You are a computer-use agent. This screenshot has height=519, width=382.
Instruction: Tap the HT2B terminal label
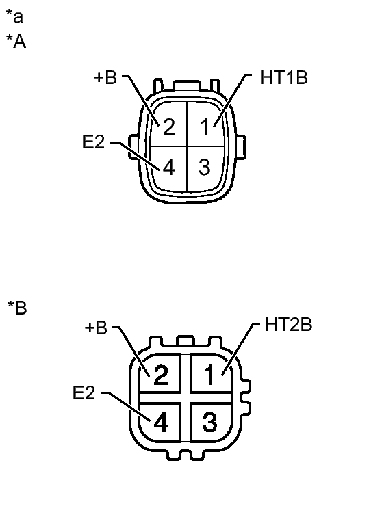coord(288,325)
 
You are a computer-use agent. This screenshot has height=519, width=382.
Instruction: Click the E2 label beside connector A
coord(94,144)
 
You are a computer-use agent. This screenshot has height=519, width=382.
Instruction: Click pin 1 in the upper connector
coord(203,127)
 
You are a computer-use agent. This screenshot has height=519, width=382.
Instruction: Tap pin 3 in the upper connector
coord(203,167)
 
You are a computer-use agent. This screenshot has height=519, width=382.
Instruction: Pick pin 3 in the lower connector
coord(212,423)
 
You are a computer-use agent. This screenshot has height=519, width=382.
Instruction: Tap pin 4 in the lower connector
coord(161,423)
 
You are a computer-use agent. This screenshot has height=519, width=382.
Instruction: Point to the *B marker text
coord(16,308)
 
